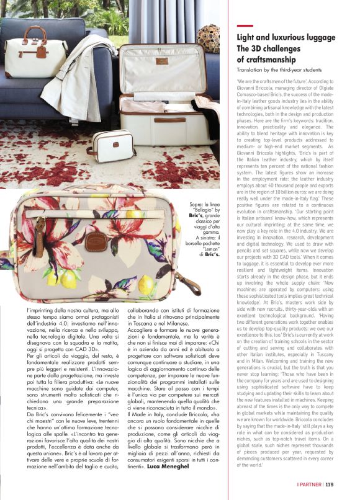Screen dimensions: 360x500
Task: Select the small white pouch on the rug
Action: click(x=111, y=143)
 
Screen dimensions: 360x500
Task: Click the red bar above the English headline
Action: click(x=243, y=25)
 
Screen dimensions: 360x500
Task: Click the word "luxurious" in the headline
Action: click(x=286, y=37)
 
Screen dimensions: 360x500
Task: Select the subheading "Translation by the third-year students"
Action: click(x=282, y=70)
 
